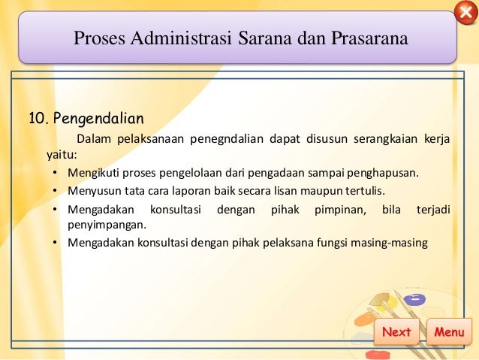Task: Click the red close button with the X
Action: pyautogui.click(x=465, y=14)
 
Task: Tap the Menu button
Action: pyautogui.click(x=449, y=332)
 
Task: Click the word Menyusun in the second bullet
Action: pyautogui.click(x=92, y=191)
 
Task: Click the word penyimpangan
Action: pyautogui.click(x=106, y=224)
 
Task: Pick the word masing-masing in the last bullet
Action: pyautogui.click(x=387, y=242)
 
